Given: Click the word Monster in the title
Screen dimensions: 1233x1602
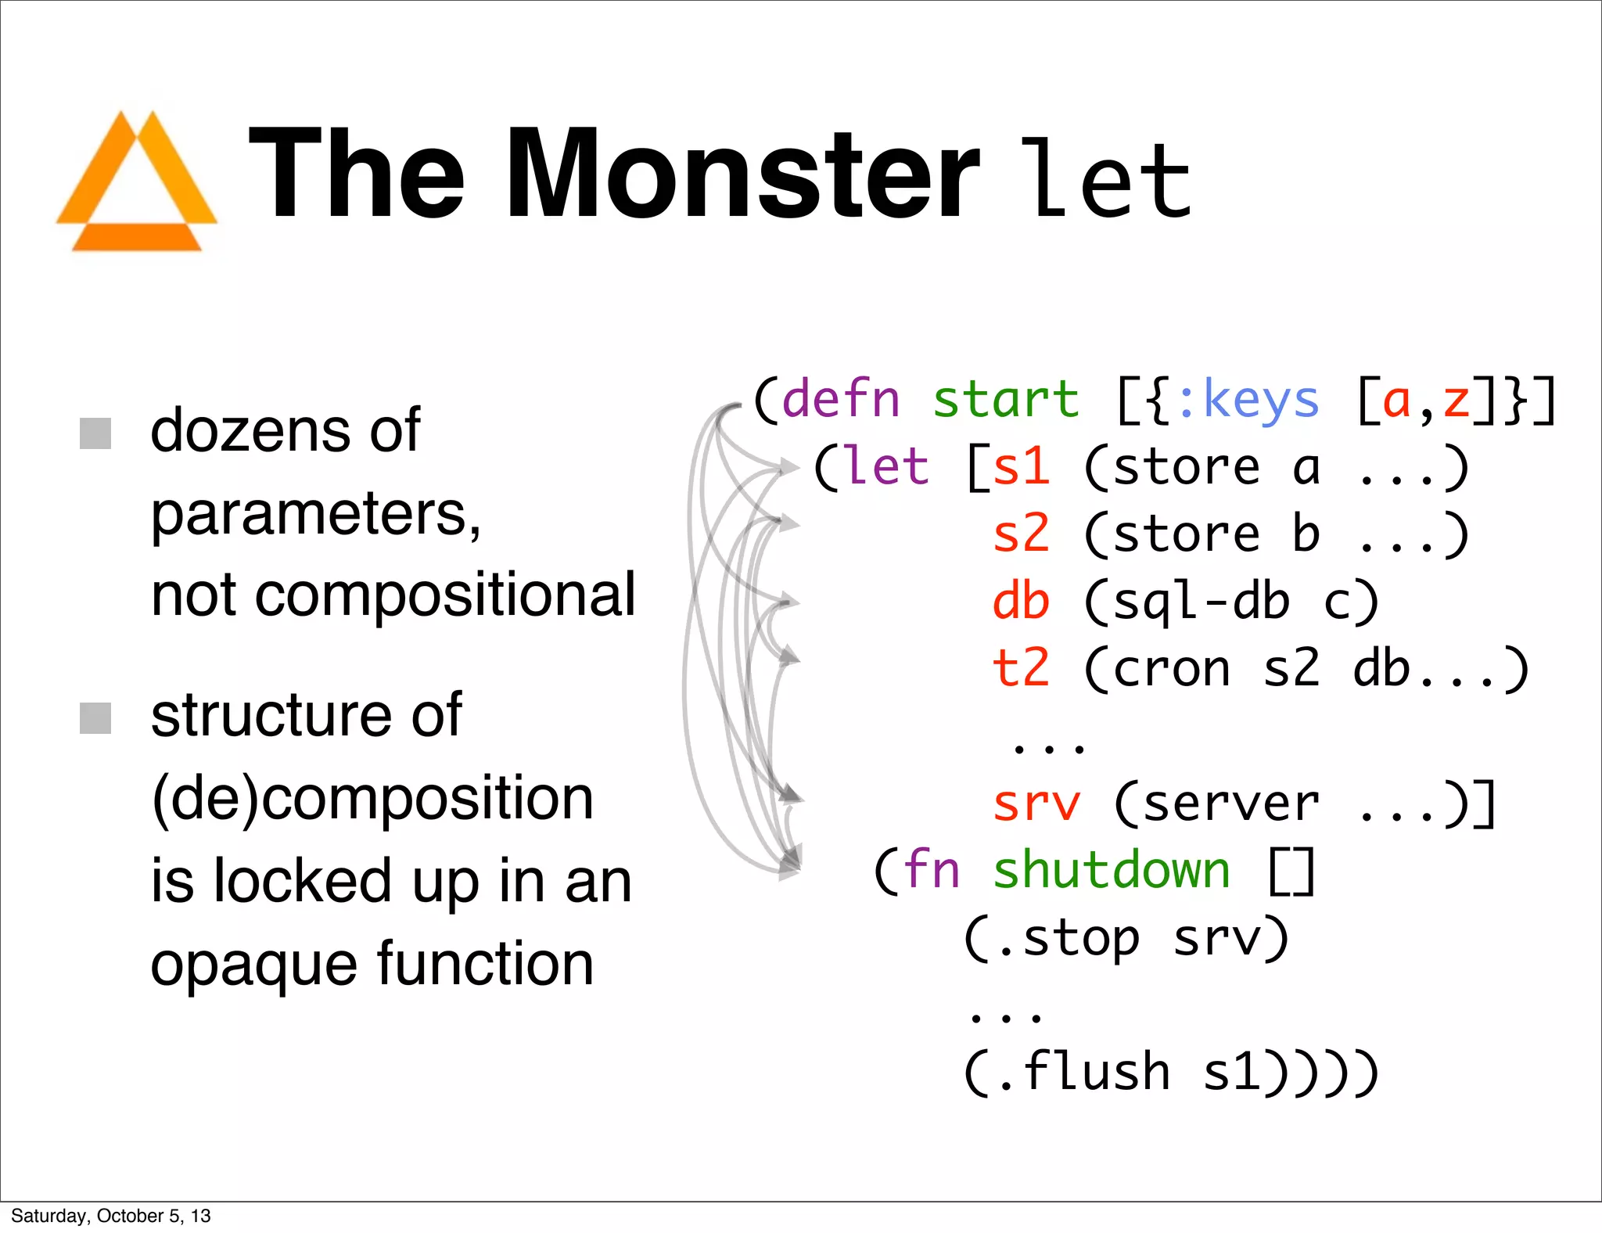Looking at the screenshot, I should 742,174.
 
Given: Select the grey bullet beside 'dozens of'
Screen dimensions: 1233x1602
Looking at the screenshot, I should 95,433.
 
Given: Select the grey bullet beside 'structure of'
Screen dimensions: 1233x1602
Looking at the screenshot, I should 95,717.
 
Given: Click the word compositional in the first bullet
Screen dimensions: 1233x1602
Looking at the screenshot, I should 445,595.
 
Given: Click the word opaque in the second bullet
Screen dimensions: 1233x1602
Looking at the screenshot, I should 253,964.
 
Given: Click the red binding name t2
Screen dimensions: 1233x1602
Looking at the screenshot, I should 1021,668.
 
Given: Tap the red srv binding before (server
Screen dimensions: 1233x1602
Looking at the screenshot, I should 1036,803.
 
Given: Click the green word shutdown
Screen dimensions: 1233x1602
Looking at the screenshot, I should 1112,870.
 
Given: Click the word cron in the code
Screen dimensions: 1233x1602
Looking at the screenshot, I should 1171,670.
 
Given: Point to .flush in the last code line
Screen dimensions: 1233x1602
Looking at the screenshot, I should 1084,1072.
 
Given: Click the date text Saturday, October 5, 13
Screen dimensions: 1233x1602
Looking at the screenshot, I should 111,1216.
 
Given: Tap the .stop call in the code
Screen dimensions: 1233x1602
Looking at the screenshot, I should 1069,938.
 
